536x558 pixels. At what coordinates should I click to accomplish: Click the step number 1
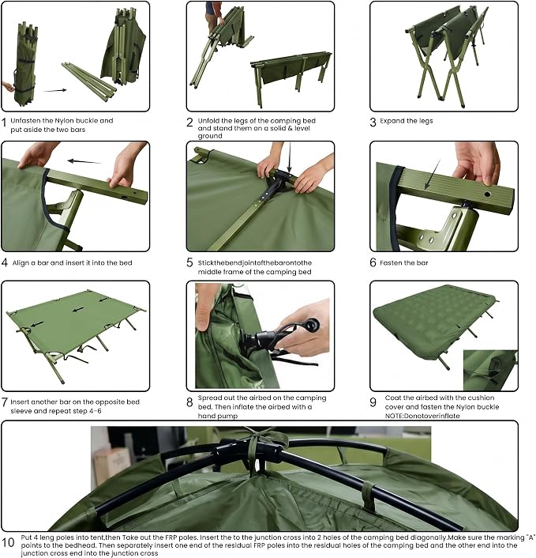pyautogui.click(x=4, y=123)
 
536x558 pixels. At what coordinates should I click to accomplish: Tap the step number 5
pyautogui.click(x=189, y=262)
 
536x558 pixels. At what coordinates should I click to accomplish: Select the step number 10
pyautogui.click(x=8, y=542)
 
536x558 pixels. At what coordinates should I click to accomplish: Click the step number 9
pyautogui.click(x=373, y=402)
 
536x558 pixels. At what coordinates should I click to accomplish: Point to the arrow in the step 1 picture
pyautogui.click(x=55, y=90)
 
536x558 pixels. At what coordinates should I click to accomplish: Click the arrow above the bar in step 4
pyautogui.click(x=84, y=161)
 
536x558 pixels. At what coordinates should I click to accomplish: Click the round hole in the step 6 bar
pyautogui.click(x=487, y=194)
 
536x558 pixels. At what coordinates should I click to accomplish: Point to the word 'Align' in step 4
pyautogui.click(x=21, y=263)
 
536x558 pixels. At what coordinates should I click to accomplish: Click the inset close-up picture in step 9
pyautogui.click(x=490, y=370)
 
